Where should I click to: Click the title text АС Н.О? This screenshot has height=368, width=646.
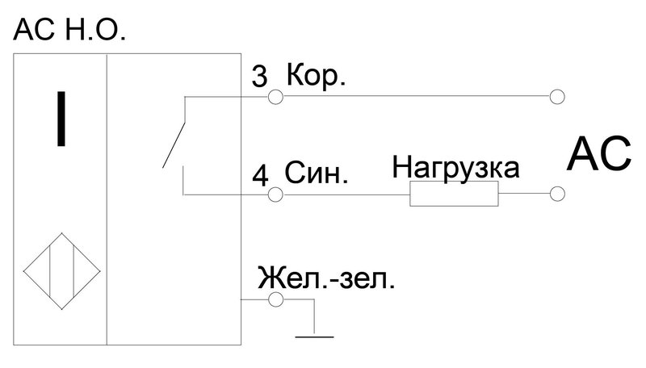[x=69, y=30]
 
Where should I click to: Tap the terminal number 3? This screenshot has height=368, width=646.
[x=259, y=76]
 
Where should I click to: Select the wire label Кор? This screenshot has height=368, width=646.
[x=316, y=75]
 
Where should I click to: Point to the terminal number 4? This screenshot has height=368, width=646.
[x=260, y=175]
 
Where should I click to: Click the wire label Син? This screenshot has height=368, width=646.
[x=317, y=174]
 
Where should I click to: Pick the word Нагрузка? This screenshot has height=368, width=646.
[x=455, y=167]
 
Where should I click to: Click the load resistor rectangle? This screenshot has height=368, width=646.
[x=454, y=193]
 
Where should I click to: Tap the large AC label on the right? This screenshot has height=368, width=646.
[x=598, y=154]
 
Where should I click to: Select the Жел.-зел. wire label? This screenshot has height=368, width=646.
[x=326, y=278]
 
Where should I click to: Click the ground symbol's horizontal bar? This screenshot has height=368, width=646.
[x=314, y=337]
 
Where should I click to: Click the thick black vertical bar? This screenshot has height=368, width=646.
[x=61, y=119]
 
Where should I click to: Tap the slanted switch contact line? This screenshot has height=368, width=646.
[x=174, y=144]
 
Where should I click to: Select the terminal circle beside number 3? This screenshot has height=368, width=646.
[x=275, y=97]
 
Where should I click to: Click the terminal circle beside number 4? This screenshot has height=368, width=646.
[x=275, y=194]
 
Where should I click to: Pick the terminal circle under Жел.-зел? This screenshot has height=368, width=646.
[x=275, y=299]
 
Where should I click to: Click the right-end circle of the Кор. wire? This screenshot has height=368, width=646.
[x=557, y=97]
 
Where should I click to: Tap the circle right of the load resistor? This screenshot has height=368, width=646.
[x=557, y=194]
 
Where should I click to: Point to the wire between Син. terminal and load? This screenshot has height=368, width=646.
[x=346, y=194]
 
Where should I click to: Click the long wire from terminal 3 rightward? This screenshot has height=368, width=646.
[x=416, y=97]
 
